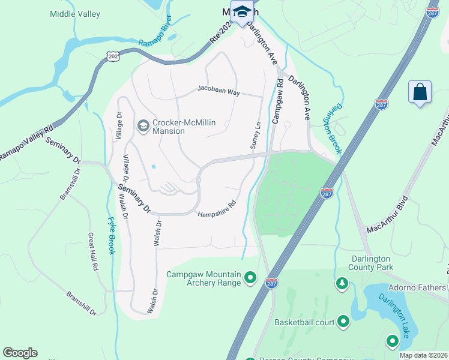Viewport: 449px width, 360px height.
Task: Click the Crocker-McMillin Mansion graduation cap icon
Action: tap(143, 125)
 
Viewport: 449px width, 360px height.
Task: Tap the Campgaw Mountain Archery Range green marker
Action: tap(251, 278)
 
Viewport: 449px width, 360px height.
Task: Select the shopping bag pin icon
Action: tap(420, 93)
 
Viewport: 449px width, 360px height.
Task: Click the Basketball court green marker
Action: tap(344, 322)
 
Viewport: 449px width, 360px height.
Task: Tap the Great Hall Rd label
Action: tap(93, 252)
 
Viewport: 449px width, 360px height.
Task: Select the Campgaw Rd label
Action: tap(278, 100)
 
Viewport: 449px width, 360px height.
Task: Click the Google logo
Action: tap(20, 353)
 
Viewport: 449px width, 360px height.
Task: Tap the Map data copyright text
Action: tap(423, 355)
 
